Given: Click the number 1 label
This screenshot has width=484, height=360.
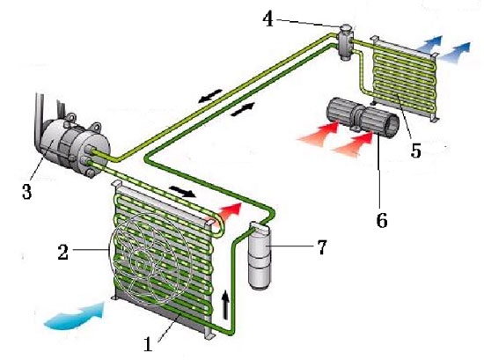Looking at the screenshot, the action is (x=148, y=344).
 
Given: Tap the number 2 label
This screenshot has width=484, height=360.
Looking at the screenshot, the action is (x=63, y=252).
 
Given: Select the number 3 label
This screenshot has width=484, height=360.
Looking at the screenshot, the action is (x=26, y=191).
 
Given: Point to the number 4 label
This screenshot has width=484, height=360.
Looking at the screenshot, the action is (x=268, y=19).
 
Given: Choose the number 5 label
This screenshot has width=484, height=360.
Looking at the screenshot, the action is (x=415, y=151).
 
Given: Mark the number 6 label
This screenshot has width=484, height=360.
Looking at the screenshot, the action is (x=382, y=220).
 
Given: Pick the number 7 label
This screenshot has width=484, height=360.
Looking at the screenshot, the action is (x=321, y=247).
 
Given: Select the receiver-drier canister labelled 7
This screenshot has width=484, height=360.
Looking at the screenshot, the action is (x=260, y=256).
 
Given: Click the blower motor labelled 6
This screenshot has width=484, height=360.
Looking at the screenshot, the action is (x=363, y=116).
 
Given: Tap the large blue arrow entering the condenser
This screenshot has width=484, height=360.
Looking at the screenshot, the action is (x=75, y=315).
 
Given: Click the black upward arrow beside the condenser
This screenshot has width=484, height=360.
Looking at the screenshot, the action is (x=226, y=305).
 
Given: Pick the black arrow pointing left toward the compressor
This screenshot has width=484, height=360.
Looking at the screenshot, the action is (x=210, y=96).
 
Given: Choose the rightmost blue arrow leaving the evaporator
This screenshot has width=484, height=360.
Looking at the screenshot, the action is (x=454, y=53).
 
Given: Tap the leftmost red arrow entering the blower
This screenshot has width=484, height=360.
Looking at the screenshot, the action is (x=318, y=132).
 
